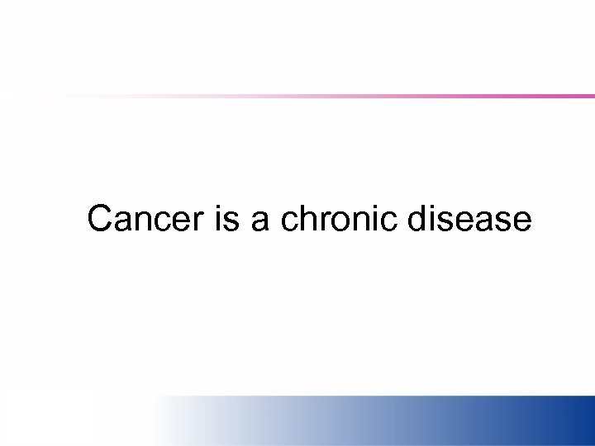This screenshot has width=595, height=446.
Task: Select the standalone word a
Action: coord(259,221)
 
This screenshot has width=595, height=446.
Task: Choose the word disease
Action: coord(469,220)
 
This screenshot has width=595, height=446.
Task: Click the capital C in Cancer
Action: coord(100,220)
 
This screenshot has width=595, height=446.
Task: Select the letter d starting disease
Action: coord(417,220)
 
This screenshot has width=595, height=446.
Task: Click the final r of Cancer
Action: coord(199,221)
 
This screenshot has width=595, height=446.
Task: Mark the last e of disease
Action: coord(521,221)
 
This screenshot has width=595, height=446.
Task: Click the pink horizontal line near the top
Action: coord(413,97)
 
